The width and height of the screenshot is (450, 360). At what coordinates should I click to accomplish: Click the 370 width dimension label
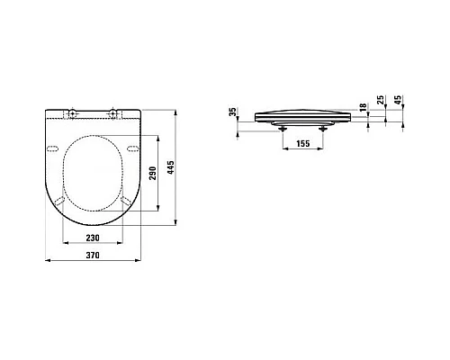pos(93,256)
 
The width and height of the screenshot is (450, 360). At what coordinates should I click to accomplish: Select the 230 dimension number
pos(93,238)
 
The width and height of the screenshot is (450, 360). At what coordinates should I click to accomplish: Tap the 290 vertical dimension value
pos(153,173)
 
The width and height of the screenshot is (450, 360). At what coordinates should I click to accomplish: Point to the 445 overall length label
pos(170,167)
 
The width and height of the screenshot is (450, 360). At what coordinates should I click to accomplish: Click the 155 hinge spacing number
pos(303,143)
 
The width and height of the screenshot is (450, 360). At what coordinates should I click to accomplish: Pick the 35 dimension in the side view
pos(233,112)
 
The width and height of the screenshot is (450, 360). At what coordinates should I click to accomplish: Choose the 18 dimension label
pos(363,107)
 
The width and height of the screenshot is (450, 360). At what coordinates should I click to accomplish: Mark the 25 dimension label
pos(381,100)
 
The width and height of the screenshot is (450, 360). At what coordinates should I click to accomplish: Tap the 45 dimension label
pos(398,100)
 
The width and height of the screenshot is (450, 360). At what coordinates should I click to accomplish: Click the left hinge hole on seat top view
pos(72,112)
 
